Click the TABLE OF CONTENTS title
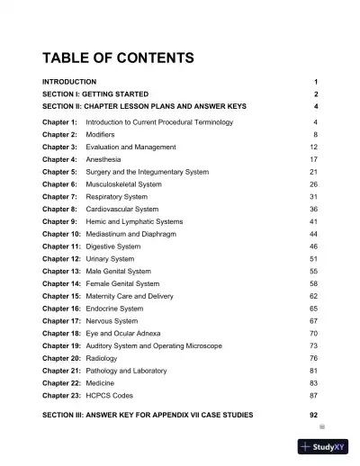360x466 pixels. (118, 59)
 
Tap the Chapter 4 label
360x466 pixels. (59, 158)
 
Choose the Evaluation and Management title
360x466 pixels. (131, 146)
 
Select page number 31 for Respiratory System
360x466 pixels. (313, 196)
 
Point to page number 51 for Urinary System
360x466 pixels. (313, 258)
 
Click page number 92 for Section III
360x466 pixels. (313, 415)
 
